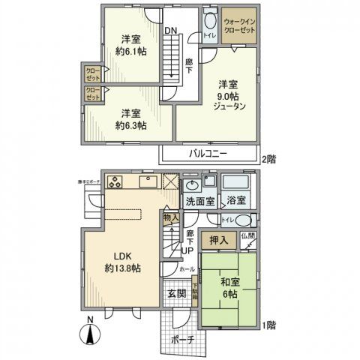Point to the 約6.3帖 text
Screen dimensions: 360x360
click(130, 124)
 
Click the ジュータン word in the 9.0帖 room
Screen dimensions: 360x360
click(229, 106)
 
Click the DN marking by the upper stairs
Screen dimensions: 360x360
click(172, 31)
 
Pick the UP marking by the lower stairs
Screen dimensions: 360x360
click(190, 250)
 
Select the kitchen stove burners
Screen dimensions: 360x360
click(116, 181)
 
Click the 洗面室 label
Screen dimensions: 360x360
click(200, 202)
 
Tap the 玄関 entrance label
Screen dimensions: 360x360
click(176, 293)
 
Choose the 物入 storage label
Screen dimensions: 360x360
click(170, 218)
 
